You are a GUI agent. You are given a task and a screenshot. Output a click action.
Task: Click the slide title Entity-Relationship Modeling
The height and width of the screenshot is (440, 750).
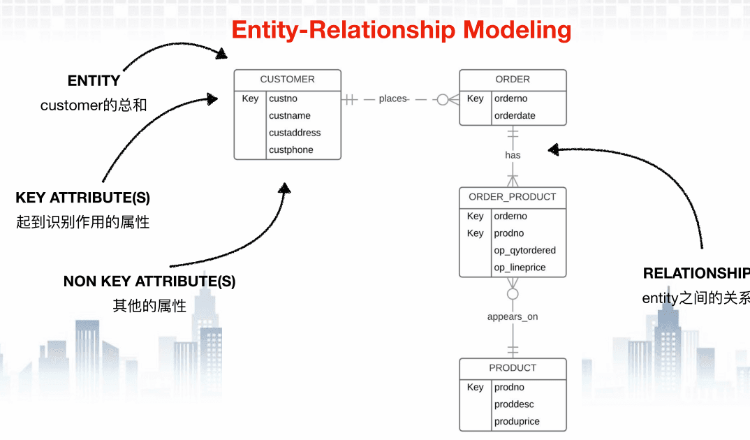point(402,30)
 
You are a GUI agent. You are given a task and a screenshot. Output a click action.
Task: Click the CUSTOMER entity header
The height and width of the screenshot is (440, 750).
point(288,80)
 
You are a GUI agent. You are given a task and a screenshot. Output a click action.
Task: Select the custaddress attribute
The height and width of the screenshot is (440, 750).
point(295,133)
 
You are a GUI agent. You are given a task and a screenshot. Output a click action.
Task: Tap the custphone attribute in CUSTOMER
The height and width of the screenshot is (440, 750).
point(291,150)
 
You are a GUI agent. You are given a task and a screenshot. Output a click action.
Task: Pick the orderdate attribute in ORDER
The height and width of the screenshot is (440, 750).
point(515,116)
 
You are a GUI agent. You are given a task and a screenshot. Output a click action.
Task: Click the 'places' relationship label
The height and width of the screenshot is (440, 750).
point(392,99)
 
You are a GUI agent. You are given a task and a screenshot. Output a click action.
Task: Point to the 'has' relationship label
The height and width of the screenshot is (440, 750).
point(513,155)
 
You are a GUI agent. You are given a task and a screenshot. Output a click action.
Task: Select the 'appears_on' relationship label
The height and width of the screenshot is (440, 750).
point(513,316)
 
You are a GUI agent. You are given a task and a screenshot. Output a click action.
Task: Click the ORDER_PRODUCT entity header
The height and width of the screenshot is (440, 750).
point(513,197)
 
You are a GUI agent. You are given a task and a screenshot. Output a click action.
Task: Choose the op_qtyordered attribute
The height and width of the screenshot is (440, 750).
point(524,251)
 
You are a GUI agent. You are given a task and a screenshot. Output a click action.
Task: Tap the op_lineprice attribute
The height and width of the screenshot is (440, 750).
point(520,267)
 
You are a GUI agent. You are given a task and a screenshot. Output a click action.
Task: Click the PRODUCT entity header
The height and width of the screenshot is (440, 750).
point(513,368)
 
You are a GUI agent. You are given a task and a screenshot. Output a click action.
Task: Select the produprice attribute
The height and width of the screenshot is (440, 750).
point(517,422)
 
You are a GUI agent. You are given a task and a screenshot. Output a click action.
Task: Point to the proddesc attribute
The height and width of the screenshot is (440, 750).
point(514,404)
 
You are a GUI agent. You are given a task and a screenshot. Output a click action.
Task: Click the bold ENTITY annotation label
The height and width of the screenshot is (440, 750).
point(94,81)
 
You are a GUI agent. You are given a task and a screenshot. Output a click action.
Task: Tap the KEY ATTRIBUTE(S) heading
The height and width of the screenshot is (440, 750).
point(82,198)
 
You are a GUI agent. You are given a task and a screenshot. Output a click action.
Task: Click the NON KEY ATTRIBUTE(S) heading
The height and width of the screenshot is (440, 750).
point(149,281)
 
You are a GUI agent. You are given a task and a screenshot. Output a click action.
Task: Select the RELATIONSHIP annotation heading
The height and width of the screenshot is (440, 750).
point(696,273)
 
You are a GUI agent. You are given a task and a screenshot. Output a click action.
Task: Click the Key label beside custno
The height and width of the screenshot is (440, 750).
point(250,98)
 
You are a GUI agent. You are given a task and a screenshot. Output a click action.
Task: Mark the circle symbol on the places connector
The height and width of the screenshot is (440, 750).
point(443,99)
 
